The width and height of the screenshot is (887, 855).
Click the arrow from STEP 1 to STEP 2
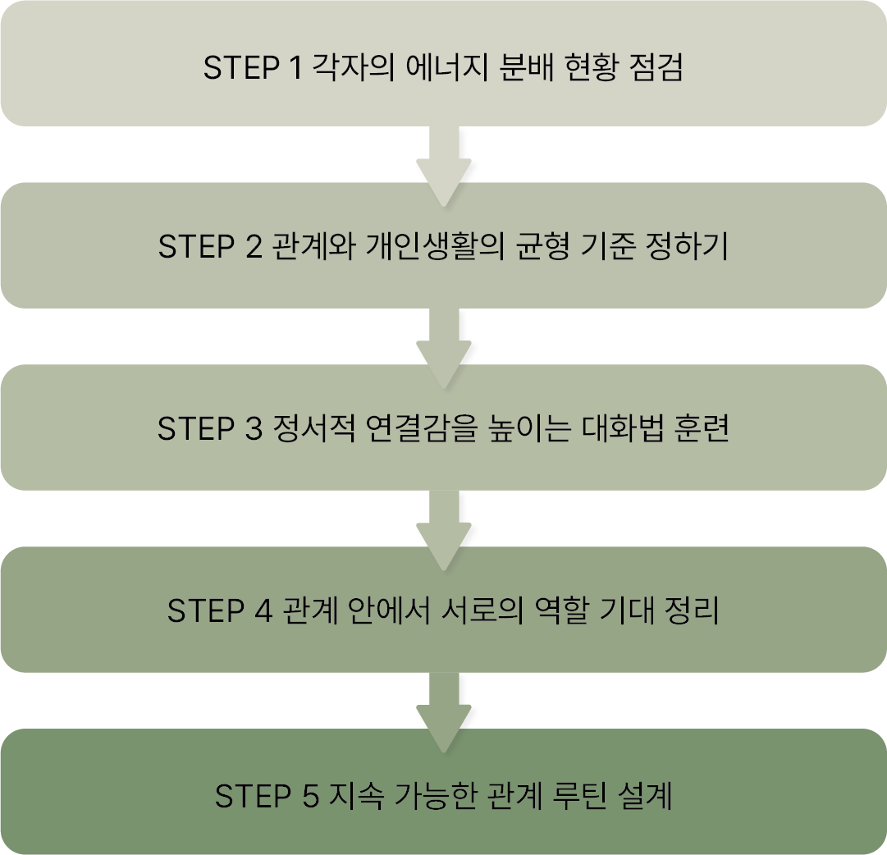click(443, 164)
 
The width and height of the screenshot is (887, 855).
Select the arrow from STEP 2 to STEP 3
click(443, 346)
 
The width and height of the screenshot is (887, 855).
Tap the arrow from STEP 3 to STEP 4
click(443, 528)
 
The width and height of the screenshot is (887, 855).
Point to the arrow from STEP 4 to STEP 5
click(443, 711)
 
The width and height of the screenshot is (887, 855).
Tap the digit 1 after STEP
click(295, 68)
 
